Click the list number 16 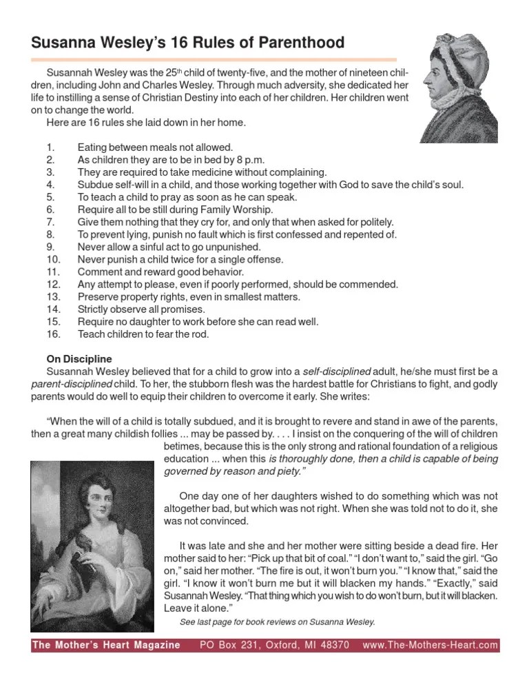[53, 334]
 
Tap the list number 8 [50, 234]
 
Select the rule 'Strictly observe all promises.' [145, 309]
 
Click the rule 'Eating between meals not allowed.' [156, 147]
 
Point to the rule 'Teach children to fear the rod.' [142, 334]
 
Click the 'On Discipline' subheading [79, 359]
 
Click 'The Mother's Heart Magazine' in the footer [107, 646]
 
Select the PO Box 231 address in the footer [274, 646]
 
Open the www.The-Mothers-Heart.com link [430, 646]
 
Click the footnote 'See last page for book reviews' [277, 622]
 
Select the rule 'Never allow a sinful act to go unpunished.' [169, 247]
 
